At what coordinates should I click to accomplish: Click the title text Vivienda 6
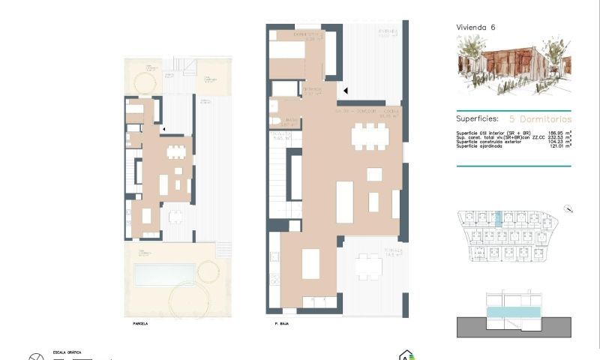475,27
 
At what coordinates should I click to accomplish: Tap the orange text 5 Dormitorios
540,118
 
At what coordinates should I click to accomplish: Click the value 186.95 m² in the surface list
555,133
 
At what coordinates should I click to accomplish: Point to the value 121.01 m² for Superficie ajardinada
556,145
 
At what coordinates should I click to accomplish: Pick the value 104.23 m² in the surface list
556,141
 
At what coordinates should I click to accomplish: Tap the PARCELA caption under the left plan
139,324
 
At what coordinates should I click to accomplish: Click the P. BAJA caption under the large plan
282,324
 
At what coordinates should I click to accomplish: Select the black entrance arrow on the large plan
345,91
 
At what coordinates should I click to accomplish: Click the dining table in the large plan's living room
370,136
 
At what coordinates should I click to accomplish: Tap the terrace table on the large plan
368,266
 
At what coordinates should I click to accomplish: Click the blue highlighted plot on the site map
497,217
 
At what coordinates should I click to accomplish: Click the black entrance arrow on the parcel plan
163,129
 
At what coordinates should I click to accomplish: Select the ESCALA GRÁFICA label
66,352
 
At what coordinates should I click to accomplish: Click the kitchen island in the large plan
311,264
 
